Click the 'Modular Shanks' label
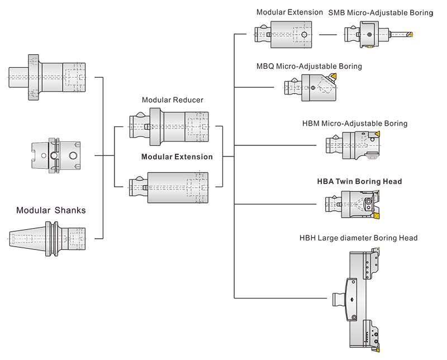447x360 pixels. (x=51, y=210)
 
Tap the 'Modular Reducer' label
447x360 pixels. (x=172, y=100)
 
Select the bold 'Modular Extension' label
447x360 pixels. (x=177, y=157)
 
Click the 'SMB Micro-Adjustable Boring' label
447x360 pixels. (x=381, y=12)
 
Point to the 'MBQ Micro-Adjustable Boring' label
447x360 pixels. (x=309, y=67)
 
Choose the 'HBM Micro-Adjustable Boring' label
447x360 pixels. (x=363, y=124)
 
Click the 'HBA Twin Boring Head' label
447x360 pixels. (x=359, y=182)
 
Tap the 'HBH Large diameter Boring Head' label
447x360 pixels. (x=359, y=238)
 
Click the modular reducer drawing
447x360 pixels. (x=169, y=126)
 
